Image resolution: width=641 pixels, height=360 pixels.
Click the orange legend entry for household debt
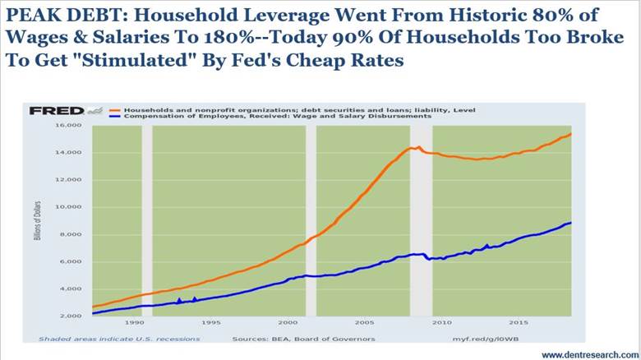tap(297, 109)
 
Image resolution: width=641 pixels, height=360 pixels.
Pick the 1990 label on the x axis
tap(132, 324)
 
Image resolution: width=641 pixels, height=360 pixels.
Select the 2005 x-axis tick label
tap(366, 324)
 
